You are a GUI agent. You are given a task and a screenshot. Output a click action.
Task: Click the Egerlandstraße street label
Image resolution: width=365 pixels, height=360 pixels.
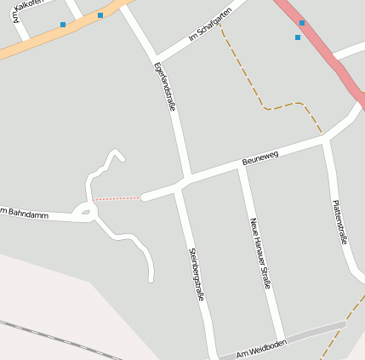pyautogui.click(x=165, y=87)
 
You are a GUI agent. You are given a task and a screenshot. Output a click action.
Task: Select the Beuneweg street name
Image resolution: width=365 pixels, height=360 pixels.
pyautogui.click(x=259, y=157)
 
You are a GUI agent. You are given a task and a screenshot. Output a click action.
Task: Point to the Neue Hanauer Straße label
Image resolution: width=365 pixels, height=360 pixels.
pyautogui.click(x=259, y=254)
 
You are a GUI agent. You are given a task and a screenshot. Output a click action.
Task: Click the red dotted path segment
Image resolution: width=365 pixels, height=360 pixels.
pyautogui.click(x=117, y=198)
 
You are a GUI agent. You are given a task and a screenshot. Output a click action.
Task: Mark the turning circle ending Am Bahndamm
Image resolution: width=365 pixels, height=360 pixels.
pyautogui.click(x=84, y=210)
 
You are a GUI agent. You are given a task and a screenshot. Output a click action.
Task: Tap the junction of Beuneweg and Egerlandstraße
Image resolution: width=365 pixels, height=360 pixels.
pyautogui.click(x=185, y=180)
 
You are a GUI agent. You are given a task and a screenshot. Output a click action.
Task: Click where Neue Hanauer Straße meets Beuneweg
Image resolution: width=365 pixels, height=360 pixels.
pyautogui.click(x=242, y=165)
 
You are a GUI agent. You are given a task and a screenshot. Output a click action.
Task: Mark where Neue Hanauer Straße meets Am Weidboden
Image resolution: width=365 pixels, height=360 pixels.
pyautogui.click(x=280, y=339)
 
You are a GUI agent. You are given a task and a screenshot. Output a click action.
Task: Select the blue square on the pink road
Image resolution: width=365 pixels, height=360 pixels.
pyautogui.click(x=301, y=23)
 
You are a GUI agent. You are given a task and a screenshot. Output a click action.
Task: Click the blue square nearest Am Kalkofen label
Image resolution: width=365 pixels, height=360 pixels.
pyautogui.click(x=62, y=25)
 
